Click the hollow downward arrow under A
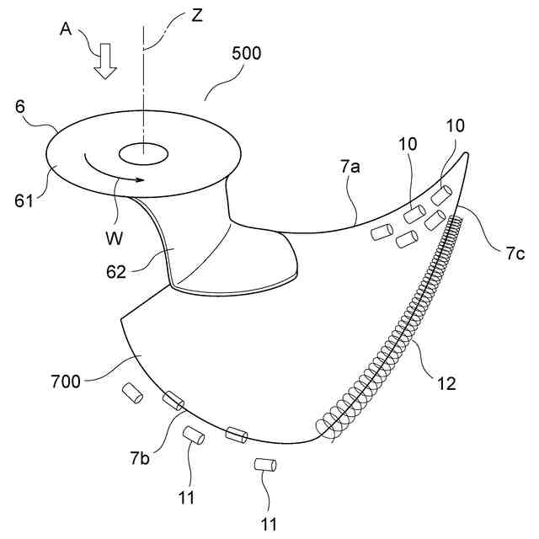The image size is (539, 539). [105, 62]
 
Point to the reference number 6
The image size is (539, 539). [20, 108]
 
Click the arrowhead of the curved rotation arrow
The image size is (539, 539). [141, 179]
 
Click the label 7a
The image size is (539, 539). [351, 167]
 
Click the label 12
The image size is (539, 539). [446, 384]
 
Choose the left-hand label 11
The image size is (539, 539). [187, 496]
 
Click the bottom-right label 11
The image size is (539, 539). [269, 524]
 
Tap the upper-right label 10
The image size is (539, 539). [456, 126]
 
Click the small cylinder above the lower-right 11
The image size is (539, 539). [266, 464]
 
